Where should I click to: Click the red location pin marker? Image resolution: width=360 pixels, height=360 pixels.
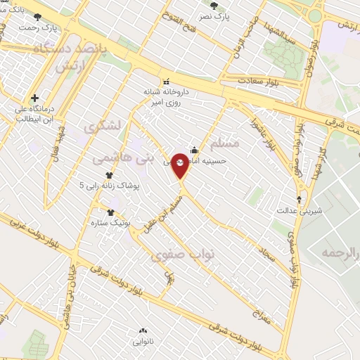point(180,165)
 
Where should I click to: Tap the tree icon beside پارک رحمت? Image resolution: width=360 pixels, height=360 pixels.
point(37,17)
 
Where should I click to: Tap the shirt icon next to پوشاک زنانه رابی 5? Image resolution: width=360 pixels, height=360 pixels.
point(109,176)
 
